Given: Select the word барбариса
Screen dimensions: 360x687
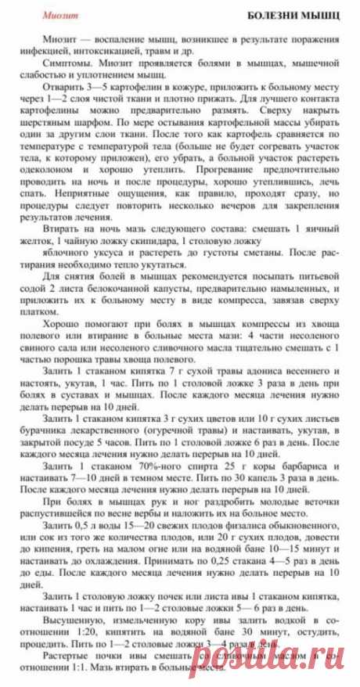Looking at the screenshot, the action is (x=311, y=465).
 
